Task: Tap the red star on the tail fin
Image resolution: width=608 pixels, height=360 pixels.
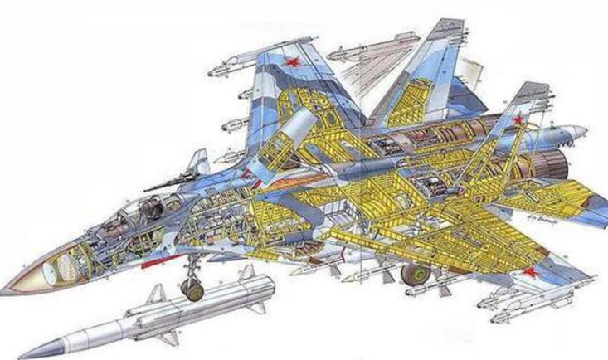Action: click(518, 120)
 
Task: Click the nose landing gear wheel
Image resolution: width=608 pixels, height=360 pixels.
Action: click(192, 287)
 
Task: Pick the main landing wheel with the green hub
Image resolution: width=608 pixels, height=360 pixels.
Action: click(412, 274)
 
